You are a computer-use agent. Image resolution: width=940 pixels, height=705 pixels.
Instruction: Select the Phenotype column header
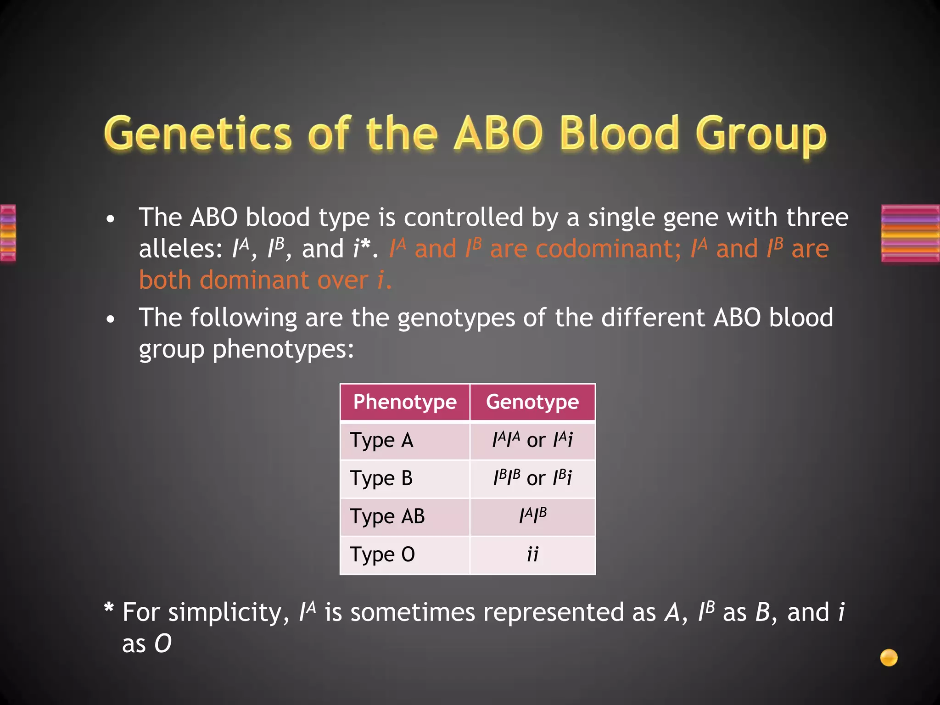[404, 402]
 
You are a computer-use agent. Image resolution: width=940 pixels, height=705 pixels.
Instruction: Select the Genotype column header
[532, 402]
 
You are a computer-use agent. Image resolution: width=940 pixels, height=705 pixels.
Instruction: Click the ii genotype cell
[532, 555]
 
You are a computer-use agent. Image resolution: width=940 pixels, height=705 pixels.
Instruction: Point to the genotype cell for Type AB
[532, 517]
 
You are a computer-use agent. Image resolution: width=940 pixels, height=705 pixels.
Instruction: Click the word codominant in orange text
[608, 249]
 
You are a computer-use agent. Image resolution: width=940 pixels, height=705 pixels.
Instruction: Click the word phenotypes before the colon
[283, 350]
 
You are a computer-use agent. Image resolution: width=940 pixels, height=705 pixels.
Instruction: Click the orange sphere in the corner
[889, 657]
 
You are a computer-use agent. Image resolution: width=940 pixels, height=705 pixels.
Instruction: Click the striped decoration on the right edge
[910, 233]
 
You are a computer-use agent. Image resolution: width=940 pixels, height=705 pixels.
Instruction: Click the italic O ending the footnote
[163, 643]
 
